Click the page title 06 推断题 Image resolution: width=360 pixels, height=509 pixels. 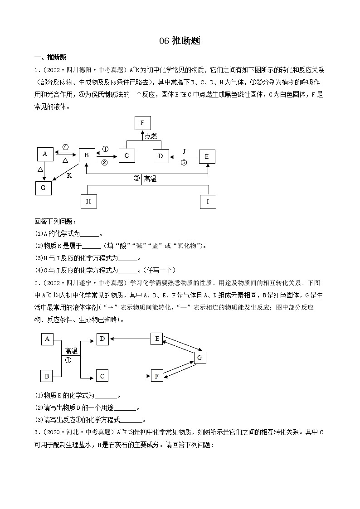[x=180, y=41]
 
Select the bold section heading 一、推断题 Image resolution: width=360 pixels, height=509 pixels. [x=50, y=58]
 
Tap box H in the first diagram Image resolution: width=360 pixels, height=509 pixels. [x=88, y=201]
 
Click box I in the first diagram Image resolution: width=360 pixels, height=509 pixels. [x=208, y=202]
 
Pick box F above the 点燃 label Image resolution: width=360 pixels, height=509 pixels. [x=143, y=123]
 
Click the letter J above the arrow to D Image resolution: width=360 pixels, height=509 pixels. [x=184, y=151]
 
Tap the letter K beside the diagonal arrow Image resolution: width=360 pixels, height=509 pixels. [x=69, y=175]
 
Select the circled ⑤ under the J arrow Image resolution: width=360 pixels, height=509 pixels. [x=184, y=163]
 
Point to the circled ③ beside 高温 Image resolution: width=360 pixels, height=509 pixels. [x=136, y=179]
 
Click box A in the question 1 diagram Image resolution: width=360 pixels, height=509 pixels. [x=44, y=154]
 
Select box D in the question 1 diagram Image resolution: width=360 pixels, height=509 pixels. [x=161, y=156]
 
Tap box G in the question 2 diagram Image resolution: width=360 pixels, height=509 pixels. [x=199, y=358]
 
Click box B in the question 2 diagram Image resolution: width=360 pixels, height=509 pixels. [x=47, y=376]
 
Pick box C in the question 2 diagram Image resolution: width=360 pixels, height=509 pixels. [x=102, y=376]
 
